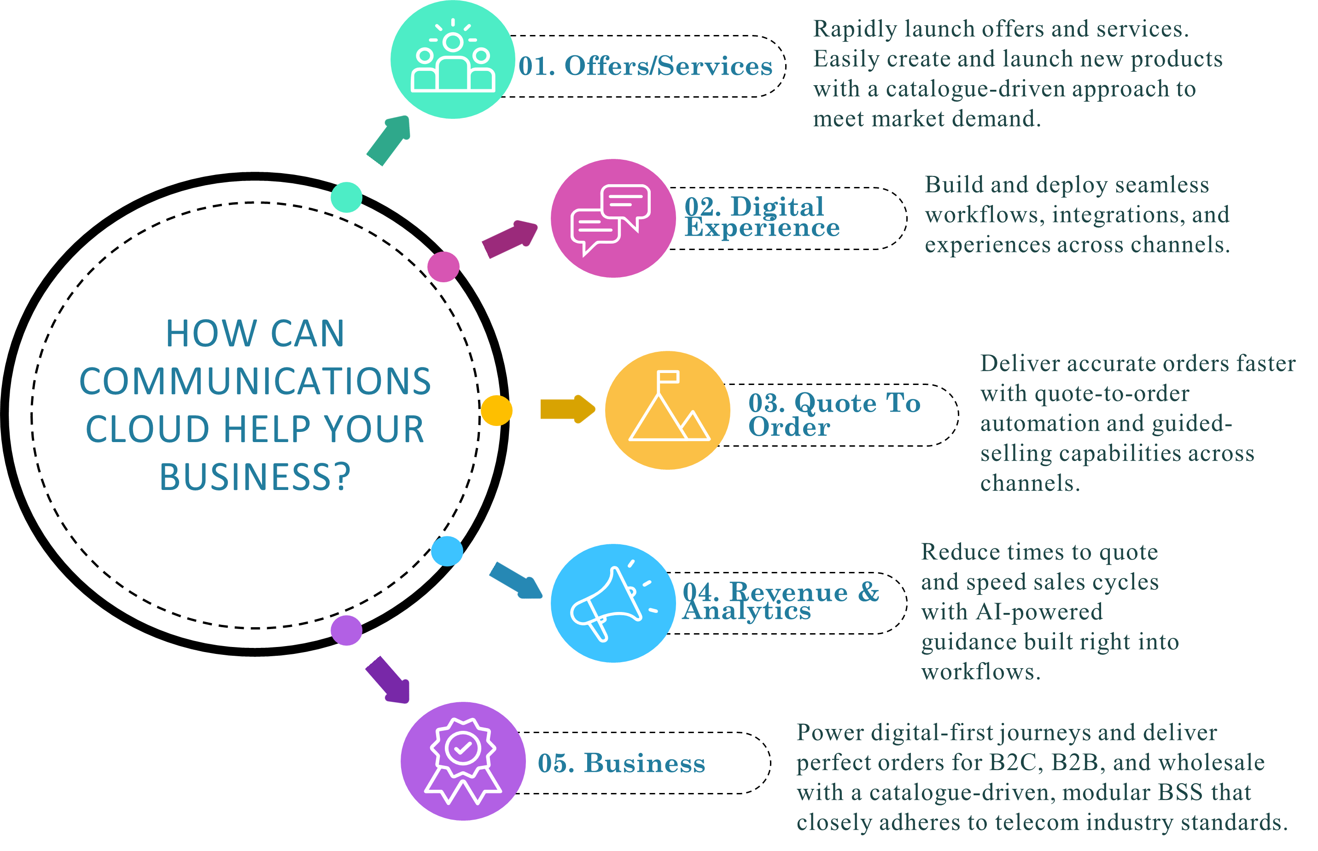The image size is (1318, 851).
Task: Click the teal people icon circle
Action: tap(453, 59)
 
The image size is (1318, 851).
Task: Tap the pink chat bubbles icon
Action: tap(612, 218)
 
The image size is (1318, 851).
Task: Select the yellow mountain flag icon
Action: tap(668, 410)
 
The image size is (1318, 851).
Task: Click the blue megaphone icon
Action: tap(612, 603)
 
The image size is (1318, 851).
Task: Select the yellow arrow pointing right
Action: tap(567, 409)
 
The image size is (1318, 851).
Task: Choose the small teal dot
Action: tap(346, 197)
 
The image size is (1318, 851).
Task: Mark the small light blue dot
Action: tap(447, 551)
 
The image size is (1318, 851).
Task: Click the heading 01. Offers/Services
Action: tap(645, 66)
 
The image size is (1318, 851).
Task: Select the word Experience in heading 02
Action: tap(762, 227)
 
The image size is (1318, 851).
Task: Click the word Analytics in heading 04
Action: tap(746, 611)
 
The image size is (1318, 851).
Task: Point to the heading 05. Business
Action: tap(621, 763)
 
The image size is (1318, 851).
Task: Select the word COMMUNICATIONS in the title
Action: tap(255, 381)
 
